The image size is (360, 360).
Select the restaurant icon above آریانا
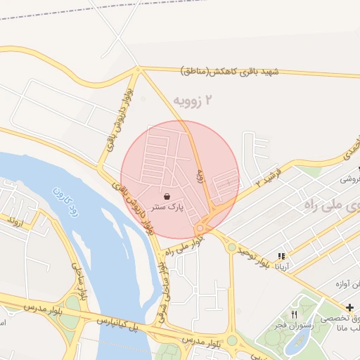(281, 256)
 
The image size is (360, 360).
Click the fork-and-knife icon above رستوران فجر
(294, 314)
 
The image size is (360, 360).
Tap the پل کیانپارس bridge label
(134, 327)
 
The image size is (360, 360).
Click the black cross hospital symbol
(350, 307)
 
